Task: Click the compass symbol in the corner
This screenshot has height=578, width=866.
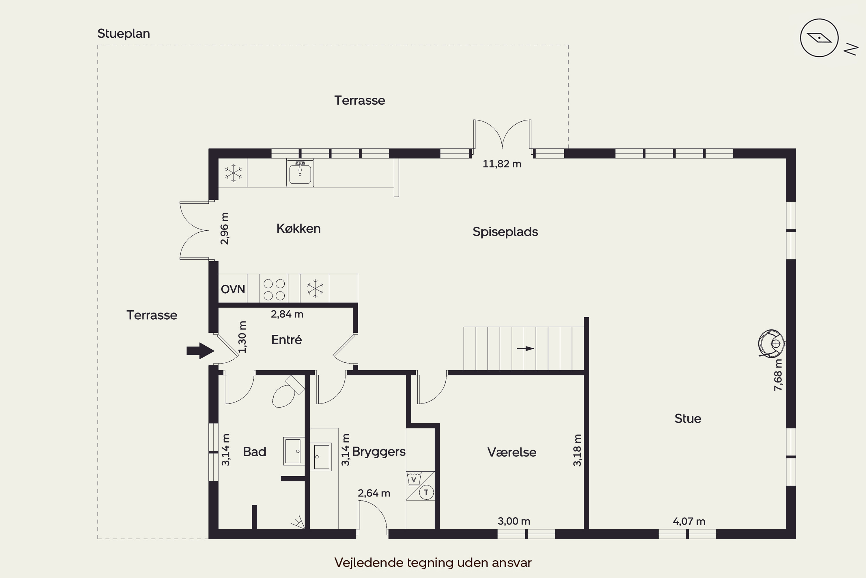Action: [x=819, y=38]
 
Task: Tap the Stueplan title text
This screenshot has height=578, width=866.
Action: [x=124, y=34]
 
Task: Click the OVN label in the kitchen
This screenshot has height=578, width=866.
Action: [x=233, y=289]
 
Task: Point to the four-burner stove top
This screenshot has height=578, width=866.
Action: [x=274, y=289]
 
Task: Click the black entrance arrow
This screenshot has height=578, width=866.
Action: [x=200, y=351]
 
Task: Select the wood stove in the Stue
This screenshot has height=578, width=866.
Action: [x=771, y=344]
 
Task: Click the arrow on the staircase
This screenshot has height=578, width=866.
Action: [x=525, y=348]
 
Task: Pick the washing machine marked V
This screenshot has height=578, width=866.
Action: [x=414, y=479]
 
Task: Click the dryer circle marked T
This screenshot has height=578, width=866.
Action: [x=426, y=492]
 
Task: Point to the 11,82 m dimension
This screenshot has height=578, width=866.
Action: [x=502, y=164]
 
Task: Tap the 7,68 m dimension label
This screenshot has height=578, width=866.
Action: [x=778, y=375]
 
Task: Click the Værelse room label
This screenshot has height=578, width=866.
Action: [x=512, y=452]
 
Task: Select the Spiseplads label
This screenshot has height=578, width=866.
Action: [x=505, y=232]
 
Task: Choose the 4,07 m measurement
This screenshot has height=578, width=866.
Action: [x=689, y=522]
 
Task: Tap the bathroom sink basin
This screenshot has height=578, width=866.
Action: [x=294, y=451]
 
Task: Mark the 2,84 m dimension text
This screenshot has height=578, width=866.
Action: [x=287, y=314]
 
